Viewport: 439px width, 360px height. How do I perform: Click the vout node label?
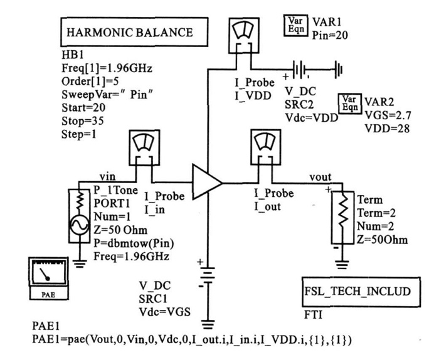320,177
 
